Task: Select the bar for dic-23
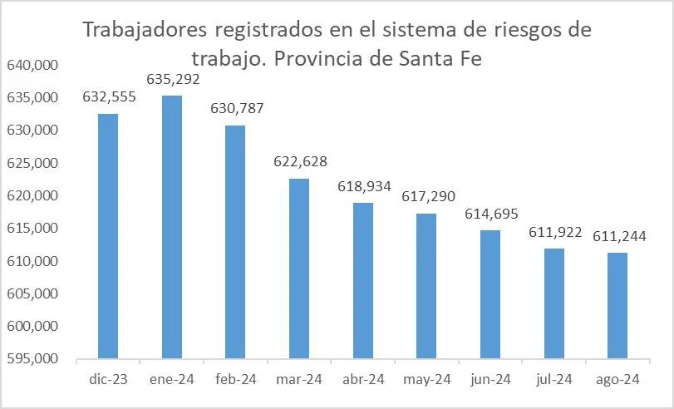click(108, 236)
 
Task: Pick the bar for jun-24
click(490, 294)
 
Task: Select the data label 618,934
click(364, 187)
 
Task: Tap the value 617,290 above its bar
click(427, 198)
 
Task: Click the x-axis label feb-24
click(235, 380)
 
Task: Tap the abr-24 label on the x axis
click(363, 380)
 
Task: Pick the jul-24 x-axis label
click(554, 380)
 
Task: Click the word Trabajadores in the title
click(146, 32)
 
